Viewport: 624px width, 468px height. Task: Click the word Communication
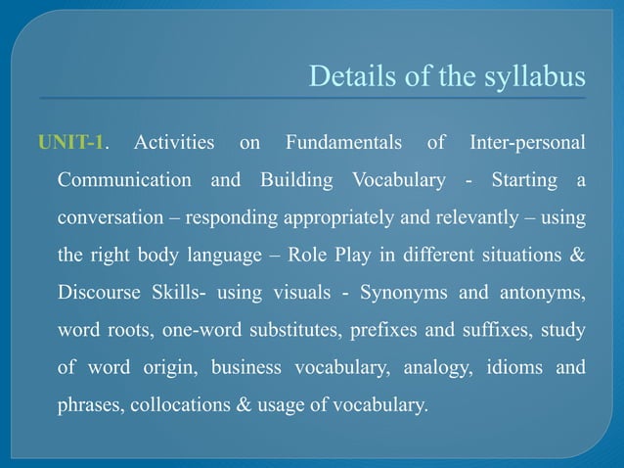point(124,181)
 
